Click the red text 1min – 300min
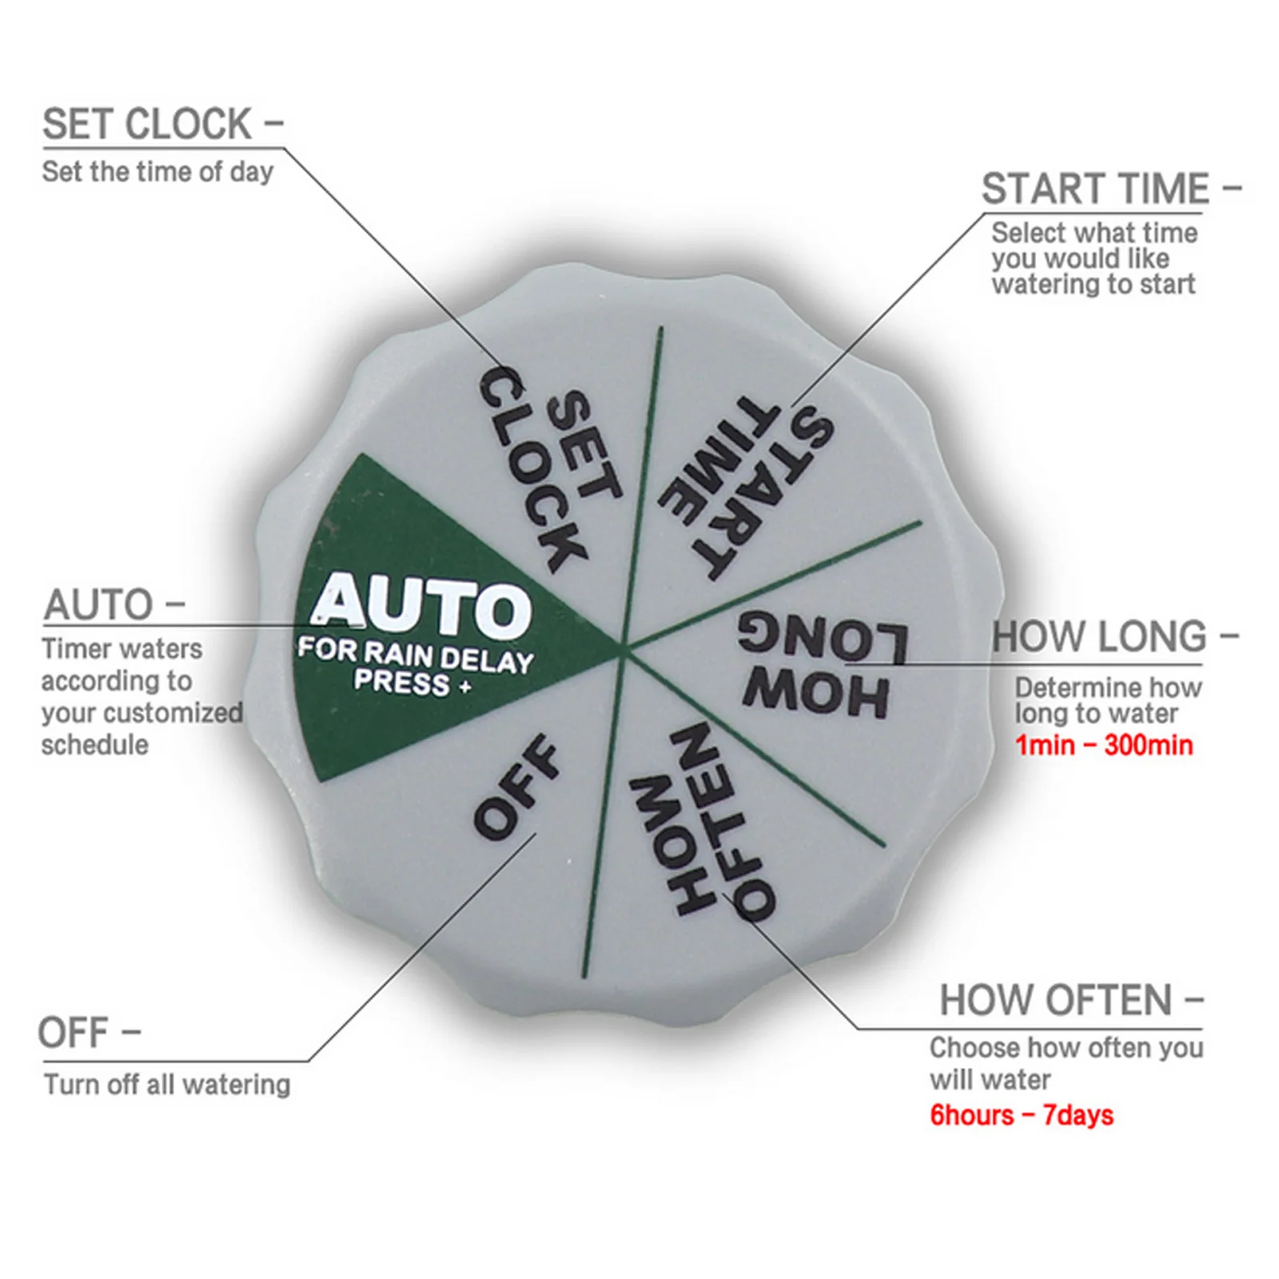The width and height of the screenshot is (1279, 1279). pyautogui.click(x=1104, y=745)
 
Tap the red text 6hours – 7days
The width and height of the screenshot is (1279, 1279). pyautogui.click(x=1022, y=1115)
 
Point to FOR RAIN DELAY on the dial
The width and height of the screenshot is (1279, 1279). pyautogui.click(x=416, y=655)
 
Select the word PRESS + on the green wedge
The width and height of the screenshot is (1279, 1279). pyautogui.click(x=412, y=683)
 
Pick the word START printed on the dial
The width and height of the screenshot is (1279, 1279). pyautogui.click(x=759, y=496)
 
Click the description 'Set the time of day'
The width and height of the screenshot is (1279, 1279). pyautogui.click(x=157, y=172)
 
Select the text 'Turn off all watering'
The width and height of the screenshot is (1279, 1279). pyautogui.click(x=167, y=1085)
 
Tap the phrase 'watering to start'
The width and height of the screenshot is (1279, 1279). pyautogui.click(x=1094, y=284)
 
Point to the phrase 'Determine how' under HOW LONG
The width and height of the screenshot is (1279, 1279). pyautogui.click(x=1109, y=687)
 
